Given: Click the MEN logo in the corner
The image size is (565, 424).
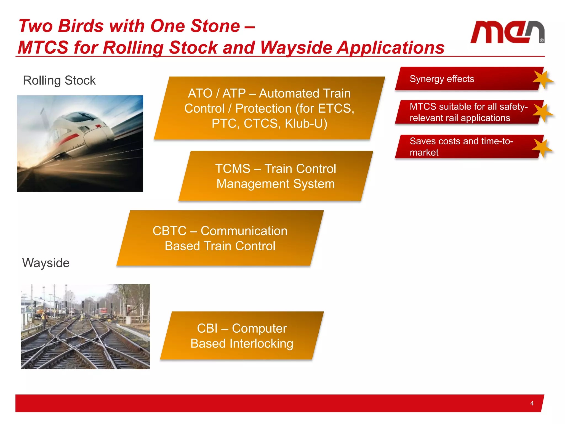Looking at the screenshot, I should [x=507, y=32].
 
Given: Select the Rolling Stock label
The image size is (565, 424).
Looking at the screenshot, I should [x=59, y=81].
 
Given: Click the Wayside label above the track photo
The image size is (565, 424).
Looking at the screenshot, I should [x=46, y=263].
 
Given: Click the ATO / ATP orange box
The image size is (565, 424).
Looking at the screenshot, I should [x=269, y=108].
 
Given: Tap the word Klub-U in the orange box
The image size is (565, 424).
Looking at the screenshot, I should [x=306, y=123].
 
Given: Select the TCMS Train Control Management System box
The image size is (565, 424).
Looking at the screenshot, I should [x=275, y=176].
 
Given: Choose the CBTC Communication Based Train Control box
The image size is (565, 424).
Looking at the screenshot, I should [x=220, y=238].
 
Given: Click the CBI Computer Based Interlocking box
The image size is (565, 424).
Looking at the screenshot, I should [x=242, y=336].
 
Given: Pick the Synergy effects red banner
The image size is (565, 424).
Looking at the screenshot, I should [x=466, y=79].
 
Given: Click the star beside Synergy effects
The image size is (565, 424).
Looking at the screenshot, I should [x=542, y=79].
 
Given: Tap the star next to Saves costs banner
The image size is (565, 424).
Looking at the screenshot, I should [x=542, y=148].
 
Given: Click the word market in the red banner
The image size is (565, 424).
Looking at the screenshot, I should [x=424, y=152].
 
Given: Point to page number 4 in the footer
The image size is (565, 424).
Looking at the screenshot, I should [x=532, y=403].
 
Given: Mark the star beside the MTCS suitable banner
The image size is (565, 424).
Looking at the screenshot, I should [x=542, y=113].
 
